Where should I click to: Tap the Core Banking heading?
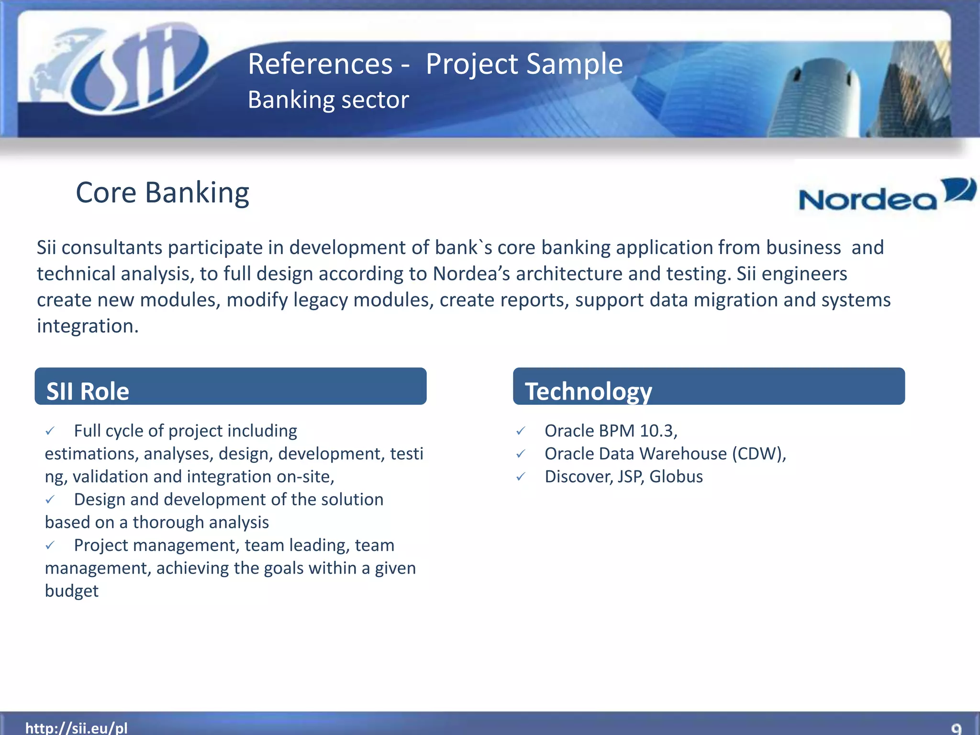pyautogui.click(x=162, y=193)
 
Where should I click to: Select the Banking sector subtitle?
pyautogui.click(x=328, y=100)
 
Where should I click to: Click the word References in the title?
pyautogui.click(x=320, y=64)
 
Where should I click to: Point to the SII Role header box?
pyautogui.click(x=230, y=387)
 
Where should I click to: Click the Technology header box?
pyautogui.click(x=708, y=387)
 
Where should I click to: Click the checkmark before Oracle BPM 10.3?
pyautogui.click(x=521, y=431)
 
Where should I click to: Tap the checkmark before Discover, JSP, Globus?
pyautogui.click(x=521, y=477)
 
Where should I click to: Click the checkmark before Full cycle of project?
pyautogui.click(x=50, y=431)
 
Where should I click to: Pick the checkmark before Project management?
pyautogui.click(x=50, y=546)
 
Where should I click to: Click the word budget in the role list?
pyautogui.click(x=72, y=591)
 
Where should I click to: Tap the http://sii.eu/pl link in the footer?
pyautogui.click(x=77, y=727)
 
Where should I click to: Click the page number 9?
pyautogui.click(x=956, y=728)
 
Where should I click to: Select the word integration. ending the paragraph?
pyautogui.click(x=88, y=326)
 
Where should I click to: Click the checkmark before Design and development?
pyautogui.click(x=50, y=500)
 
